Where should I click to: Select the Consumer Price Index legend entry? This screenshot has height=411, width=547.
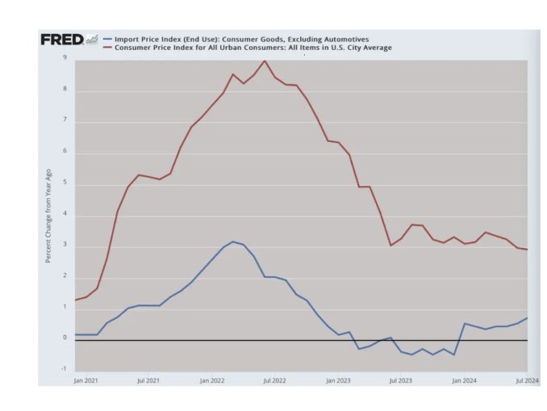point(253,48)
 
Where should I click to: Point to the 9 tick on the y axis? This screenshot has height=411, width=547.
point(65,58)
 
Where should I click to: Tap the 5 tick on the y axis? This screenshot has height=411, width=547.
point(65,183)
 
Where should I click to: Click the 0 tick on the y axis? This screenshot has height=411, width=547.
point(65,338)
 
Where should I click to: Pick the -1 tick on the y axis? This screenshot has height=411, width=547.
point(64,369)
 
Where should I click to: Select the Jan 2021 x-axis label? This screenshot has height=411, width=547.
point(86,379)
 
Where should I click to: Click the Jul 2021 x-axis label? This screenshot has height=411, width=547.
point(148,379)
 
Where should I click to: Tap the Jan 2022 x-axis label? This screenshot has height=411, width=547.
point(211,379)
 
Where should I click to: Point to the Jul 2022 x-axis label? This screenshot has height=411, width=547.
point(274,379)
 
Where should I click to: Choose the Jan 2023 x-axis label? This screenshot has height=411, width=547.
point(337,379)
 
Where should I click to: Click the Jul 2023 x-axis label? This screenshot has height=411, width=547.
point(400,379)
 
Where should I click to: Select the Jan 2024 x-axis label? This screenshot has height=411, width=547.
point(463,379)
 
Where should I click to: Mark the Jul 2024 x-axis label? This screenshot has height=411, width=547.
point(524,379)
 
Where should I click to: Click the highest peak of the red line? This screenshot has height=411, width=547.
point(264,61)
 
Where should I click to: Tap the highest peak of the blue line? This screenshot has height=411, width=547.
point(233,241)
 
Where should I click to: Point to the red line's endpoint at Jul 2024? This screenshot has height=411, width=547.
point(528,250)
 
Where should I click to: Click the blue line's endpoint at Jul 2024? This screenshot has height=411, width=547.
point(528,317)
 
